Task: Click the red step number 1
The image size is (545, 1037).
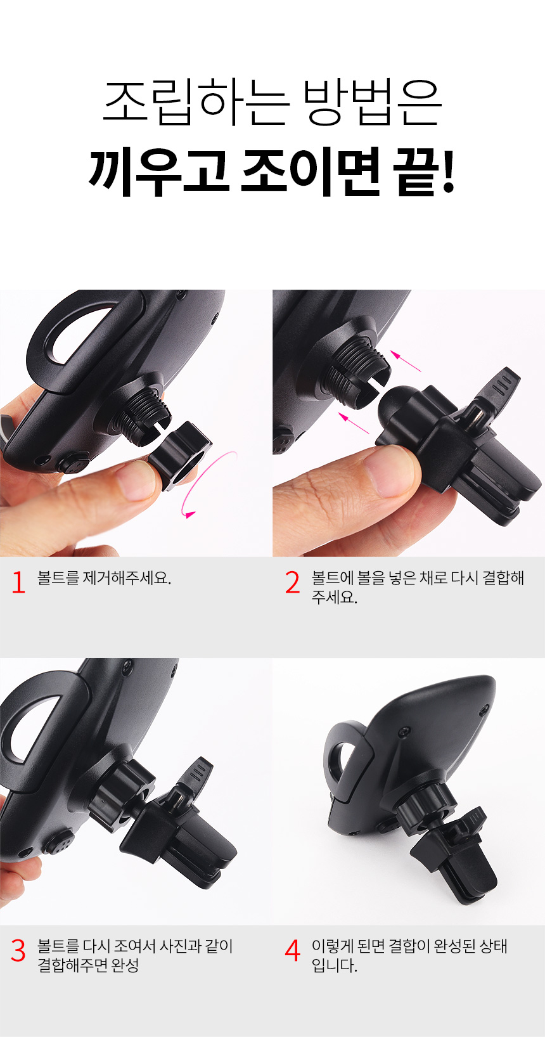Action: pyautogui.click(x=18, y=582)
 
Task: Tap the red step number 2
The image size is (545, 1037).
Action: pyautogui.click(x=292, y=582)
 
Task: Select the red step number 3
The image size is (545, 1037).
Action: pyautogui.click(x=18, y=950)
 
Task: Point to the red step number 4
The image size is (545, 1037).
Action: pyautogui.click(x=292, y=950)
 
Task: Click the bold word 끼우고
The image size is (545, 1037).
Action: pyautogui.click(x=158, y=171)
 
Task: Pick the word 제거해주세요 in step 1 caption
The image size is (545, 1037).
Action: pyautogui.click(x=126, y=577)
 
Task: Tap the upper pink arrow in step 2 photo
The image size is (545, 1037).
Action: pyautogui.click(x=406, y=361)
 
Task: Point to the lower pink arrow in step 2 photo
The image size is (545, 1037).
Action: pyautogui.click(x=354, y=423)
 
